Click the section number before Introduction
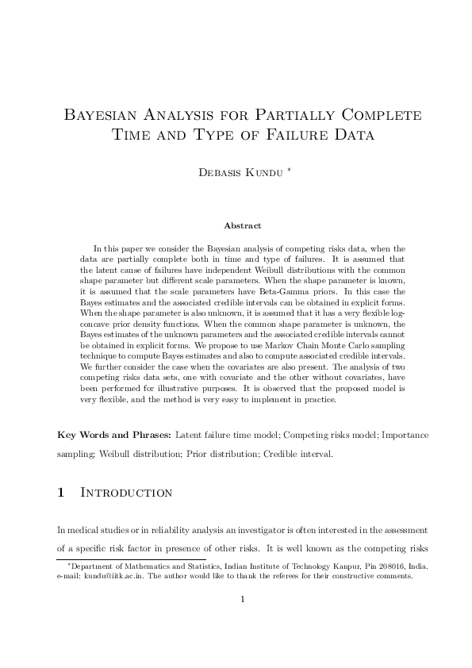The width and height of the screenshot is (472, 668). (x=62, y=493)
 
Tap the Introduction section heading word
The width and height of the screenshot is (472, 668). (x=127, y=493)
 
